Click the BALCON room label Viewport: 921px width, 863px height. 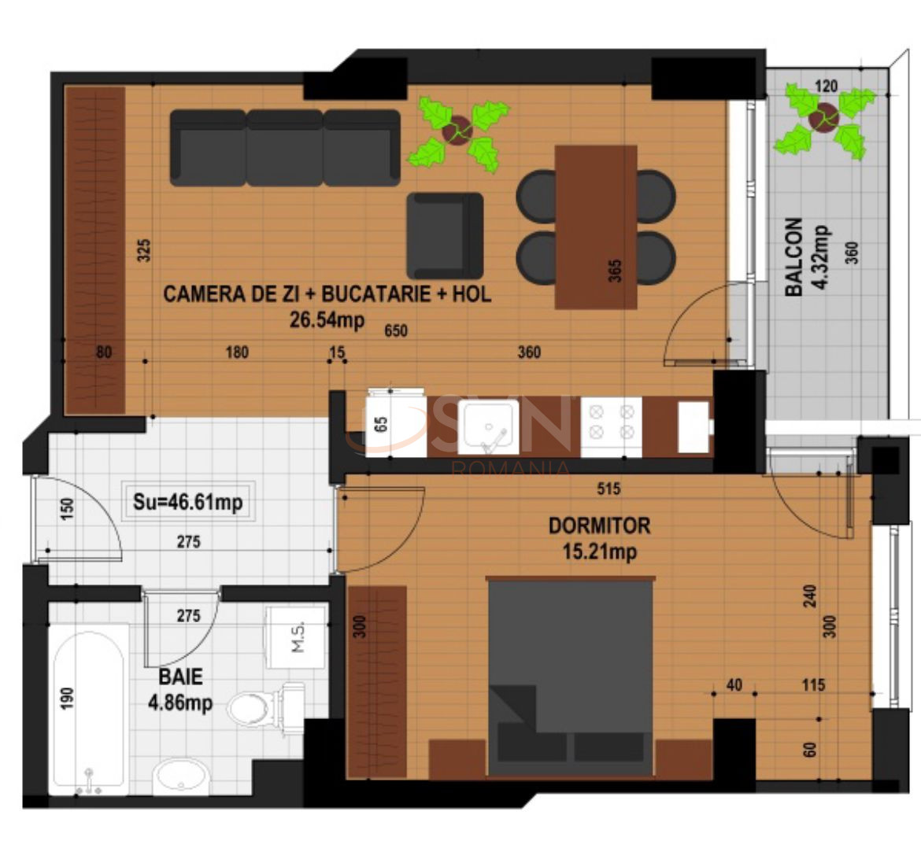[x=793, y=257]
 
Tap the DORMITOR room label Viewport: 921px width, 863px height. [x=599, y=526]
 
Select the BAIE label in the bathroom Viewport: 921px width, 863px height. [x=180, y=677]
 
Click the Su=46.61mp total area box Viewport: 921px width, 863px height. [x=188, y=501]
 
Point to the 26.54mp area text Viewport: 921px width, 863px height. [x=327, y=320]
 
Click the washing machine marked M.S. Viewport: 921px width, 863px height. [x=296, y=637]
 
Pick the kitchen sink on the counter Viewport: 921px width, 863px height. [x=488, y=427]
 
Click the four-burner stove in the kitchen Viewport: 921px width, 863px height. [x=612, y=427]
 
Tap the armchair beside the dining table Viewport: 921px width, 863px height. [x=446, y=235]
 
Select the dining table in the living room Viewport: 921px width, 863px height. [x=596, y=227]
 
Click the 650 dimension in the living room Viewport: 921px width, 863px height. [x=396, y=331]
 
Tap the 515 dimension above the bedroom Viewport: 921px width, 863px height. [x=608, y=489]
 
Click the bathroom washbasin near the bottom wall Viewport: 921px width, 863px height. [x=182, y=776]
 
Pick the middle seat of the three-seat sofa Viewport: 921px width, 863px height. [x=285, y=148]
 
